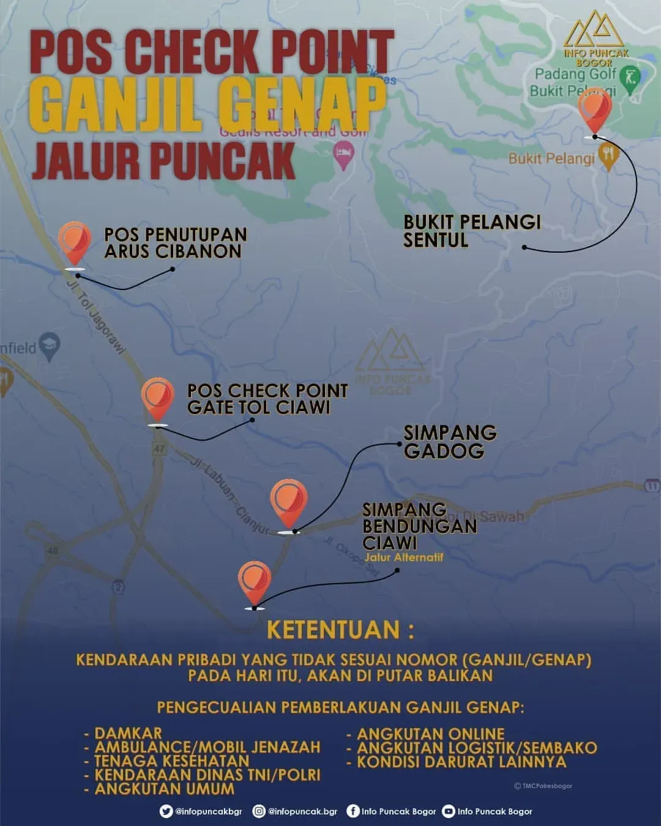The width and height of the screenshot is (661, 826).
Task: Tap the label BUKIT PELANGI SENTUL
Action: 471,231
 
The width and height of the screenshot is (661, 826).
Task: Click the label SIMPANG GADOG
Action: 450,442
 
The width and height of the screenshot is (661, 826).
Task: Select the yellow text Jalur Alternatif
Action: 403,557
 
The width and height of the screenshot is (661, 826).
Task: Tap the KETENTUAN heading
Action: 340,630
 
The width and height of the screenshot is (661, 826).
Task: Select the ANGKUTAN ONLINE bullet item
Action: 430,734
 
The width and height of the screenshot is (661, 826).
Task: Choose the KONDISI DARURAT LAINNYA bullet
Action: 461,762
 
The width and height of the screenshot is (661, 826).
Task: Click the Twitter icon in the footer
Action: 166,811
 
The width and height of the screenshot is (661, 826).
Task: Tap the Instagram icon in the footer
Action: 259,811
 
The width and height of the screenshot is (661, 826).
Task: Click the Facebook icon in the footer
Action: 353,811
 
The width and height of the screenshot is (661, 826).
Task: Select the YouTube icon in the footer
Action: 449,811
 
